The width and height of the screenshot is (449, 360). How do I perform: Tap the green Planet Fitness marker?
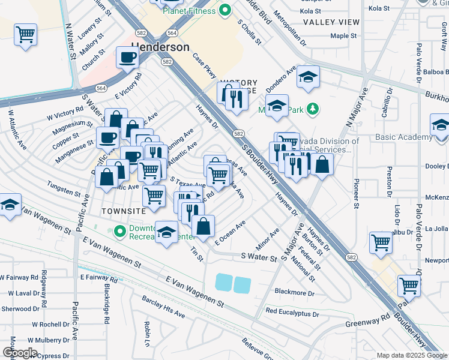225,10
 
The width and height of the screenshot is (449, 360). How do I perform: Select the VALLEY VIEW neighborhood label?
331,22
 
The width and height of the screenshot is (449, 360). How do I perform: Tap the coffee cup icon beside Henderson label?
127,58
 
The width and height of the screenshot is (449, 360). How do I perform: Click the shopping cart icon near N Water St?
26,35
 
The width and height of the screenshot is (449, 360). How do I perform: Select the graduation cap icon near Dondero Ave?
308,77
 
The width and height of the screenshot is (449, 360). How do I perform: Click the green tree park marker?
312,109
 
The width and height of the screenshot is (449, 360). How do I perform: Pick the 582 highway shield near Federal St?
352,256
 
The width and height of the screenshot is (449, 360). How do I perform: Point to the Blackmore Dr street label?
294,293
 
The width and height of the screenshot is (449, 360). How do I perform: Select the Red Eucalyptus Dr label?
293,312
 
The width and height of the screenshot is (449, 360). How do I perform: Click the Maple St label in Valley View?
343,36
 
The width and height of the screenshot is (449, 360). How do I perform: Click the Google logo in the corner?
20,353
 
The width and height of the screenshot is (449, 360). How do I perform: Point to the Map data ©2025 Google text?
411,355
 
